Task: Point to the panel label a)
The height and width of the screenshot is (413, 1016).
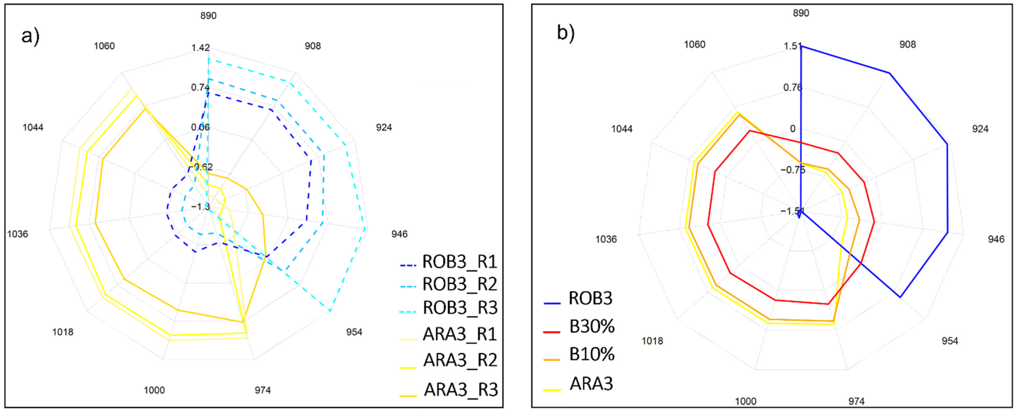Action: [x=30, y=36]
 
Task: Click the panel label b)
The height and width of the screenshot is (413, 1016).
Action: [x=566, y=32]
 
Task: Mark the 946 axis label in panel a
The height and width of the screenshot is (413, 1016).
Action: [x=399, y=234]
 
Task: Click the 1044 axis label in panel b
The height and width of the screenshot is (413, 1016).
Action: [x=622, y=129]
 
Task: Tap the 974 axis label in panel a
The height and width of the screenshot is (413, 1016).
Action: [x=263, y=390]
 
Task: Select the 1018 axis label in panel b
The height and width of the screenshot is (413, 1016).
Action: [x=652, y=341]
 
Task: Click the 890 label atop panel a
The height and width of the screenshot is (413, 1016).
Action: [x=208, y=16]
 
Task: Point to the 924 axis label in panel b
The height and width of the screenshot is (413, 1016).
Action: [x=980, y=129]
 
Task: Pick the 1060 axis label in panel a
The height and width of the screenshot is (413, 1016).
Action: [x=104, y=46]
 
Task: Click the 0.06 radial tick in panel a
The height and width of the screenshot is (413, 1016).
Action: [x=200, y=127]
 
